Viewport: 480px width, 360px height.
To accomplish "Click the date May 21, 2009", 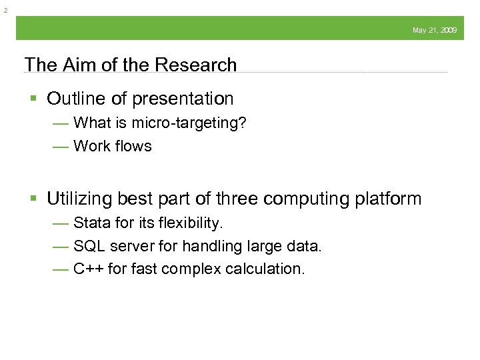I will [x=435, y=30].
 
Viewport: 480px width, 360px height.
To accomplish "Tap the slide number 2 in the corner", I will [x=5, y=10].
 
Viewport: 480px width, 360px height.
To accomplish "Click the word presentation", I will [x=183, y=99].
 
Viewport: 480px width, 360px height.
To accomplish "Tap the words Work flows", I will [x=113, y=145].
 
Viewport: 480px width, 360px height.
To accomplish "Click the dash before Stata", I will [x=61, y=223].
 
